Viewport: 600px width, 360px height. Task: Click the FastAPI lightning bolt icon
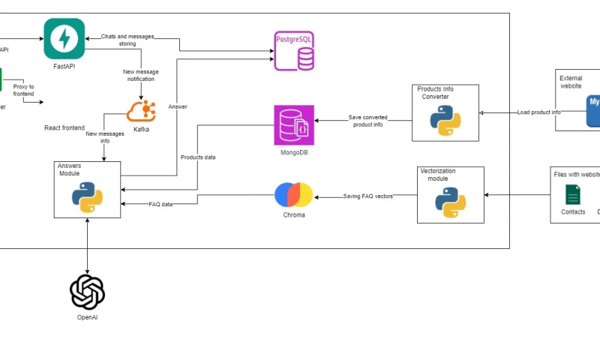[64, 38]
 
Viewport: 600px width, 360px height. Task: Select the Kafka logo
[141, 110]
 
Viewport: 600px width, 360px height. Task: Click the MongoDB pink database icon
[294, 125]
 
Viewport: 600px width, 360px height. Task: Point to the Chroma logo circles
[293, 194]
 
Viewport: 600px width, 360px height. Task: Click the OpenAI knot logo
[87, 292]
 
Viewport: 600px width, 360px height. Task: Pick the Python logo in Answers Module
[87, 193]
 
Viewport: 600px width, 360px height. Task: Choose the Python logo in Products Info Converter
[445, 118]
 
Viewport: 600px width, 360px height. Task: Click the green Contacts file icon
[573, 196]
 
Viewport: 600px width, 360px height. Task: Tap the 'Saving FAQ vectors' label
[368, 196]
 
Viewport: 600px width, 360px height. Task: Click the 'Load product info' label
[538, 112]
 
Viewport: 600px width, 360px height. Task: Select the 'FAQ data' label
[160, 204]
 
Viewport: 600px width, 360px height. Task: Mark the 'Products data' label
[198, 157]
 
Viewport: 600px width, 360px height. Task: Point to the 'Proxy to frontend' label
[23, 90]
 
